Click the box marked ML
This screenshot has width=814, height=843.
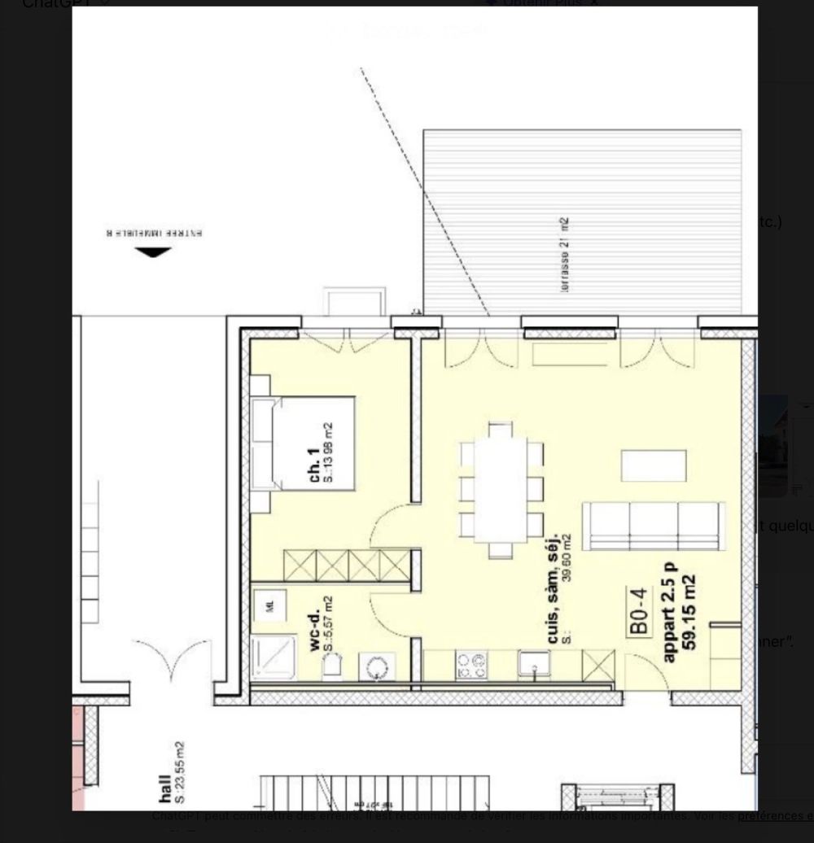(x=267, y=605)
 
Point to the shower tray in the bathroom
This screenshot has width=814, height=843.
(x=274, y=657)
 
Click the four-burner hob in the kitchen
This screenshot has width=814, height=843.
(x=470, y=665)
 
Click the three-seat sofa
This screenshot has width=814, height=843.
(x=654, y=526)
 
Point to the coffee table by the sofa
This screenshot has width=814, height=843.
(x=654, y=465)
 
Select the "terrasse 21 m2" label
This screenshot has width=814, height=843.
(x=564, y=255)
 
